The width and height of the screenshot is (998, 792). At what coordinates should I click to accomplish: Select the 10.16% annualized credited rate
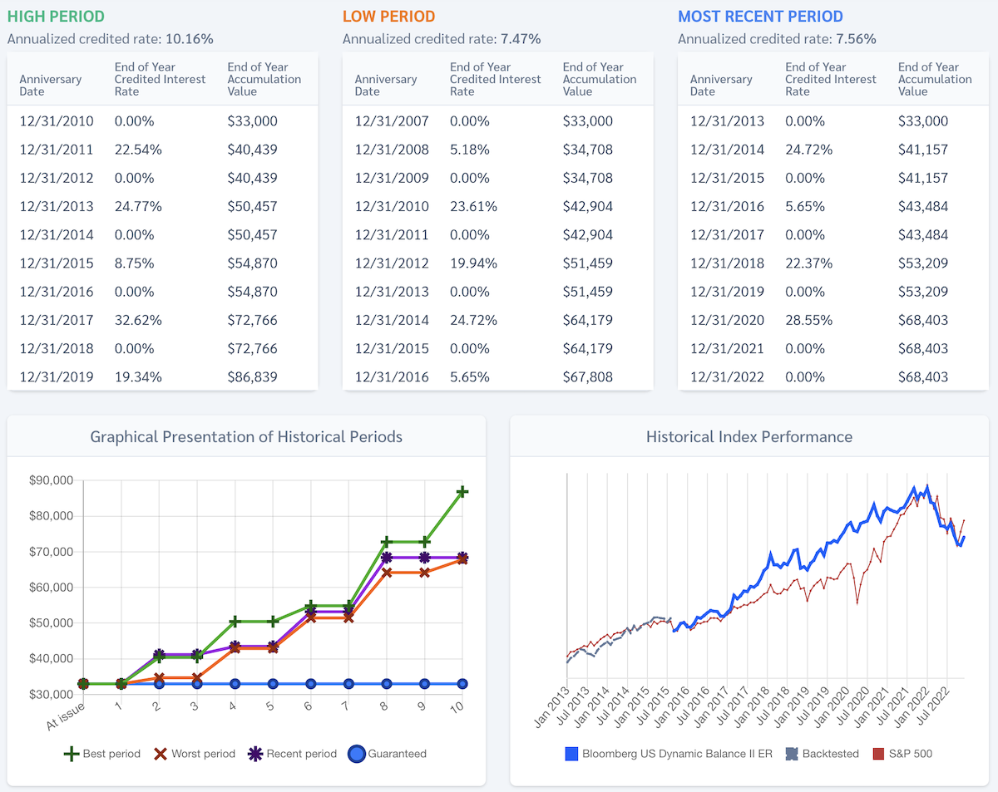point(190,38)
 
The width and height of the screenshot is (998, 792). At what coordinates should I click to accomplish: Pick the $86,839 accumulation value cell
point(252,376)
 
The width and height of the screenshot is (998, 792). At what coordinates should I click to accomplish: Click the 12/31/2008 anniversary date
point(392,150)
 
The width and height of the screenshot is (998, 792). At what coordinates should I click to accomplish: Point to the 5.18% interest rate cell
point(470,150)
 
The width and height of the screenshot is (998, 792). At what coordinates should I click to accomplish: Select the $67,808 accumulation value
point(587,376)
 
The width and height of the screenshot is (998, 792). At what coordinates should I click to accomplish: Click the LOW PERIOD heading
point(388,16)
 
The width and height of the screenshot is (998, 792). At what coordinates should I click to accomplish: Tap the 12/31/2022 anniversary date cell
point(727,376)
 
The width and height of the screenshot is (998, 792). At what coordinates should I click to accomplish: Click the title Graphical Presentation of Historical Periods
point(246,436)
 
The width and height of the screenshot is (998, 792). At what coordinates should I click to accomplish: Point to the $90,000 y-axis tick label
point(52,480)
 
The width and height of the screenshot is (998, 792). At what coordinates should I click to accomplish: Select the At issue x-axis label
point(66,714)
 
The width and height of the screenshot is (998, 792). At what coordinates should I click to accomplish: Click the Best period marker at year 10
point(462,492)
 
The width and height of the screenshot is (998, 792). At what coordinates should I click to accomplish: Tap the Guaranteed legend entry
point(387,754)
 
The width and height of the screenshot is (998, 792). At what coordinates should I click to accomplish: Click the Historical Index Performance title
point(748,436)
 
